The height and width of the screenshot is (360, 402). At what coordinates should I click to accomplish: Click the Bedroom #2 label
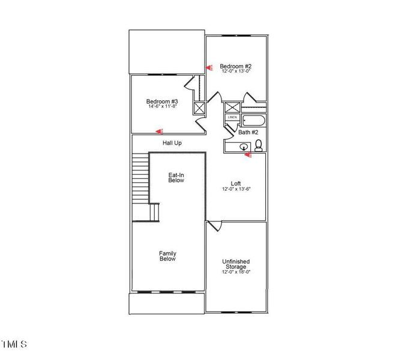tap(235, 66)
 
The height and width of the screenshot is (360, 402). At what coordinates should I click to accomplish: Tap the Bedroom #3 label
tap(162, 101)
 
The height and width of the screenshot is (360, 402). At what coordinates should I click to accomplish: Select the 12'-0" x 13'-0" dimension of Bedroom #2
tap(235, 71)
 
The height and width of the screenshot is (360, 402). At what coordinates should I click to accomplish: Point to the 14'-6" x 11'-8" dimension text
tap(162, 107)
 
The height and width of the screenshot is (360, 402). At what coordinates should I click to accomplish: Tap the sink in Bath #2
tap(245, 146)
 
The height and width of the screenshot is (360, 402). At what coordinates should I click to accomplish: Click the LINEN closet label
tap(232, 118)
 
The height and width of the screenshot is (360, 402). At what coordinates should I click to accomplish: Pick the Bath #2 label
tap(248, 132)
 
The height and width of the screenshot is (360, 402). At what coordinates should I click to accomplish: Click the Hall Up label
tap(172, 143)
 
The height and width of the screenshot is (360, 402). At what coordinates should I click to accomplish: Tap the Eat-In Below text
tap(176, 177)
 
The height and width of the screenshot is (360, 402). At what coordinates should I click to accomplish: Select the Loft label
tap(236, 184)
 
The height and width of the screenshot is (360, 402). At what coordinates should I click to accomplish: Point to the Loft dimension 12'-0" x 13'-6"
tap(236, 189)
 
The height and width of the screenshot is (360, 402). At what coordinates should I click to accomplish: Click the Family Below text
tap(167, 256)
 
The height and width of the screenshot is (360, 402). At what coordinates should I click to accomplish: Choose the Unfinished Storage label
tap(236, 264)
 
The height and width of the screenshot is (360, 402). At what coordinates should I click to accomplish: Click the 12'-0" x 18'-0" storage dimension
tap(236, 272)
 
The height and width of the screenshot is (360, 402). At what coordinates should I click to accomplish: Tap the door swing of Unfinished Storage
tap(215, 226)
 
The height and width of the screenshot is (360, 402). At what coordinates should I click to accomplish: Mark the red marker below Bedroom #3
tap(159, 131)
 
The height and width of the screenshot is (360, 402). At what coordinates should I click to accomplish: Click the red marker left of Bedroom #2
tap(209, 68)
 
